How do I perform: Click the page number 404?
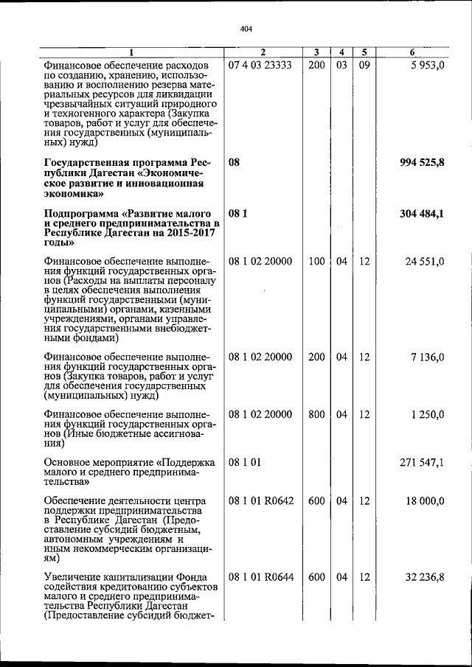point(246,29)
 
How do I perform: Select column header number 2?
point(263,52)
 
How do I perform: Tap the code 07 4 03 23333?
point(260,65)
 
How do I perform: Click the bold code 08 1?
point(237,214)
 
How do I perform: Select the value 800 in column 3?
point(316,414)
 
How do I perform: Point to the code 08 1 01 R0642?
point(261,501)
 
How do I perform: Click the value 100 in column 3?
point(316,262)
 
